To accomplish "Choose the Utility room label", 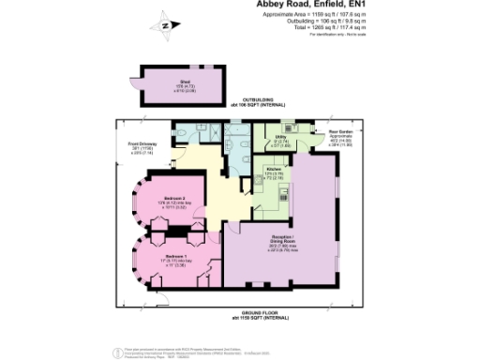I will tap(281, 140).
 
